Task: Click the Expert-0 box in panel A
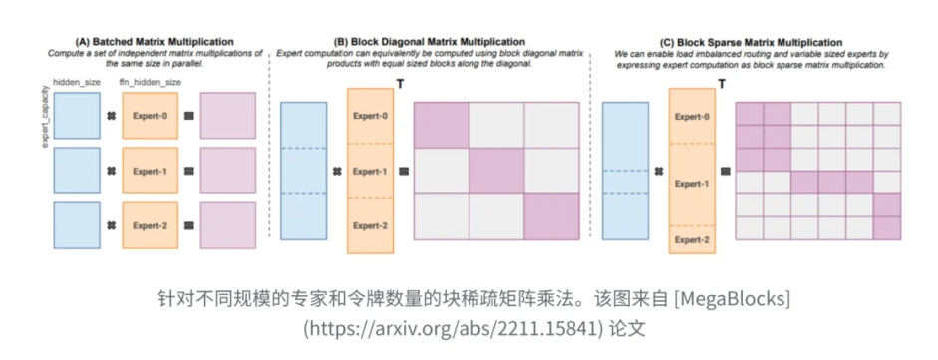pyautogui.click(x=150, y=115)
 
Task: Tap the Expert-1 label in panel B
pyautogui.click(x=370, y=171)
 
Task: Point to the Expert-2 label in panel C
pyautogui.click(x=693, y=240)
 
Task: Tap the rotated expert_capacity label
pyautogui.click(x=46, y=124)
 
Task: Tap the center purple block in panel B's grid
pyautogui.click(x=496, y=171)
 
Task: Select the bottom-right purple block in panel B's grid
pyautogui.click(x=551, y=217)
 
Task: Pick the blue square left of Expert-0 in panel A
pyautogui.click(x=77, y=115)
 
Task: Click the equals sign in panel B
pyautogui.click(x=403, y=171)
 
